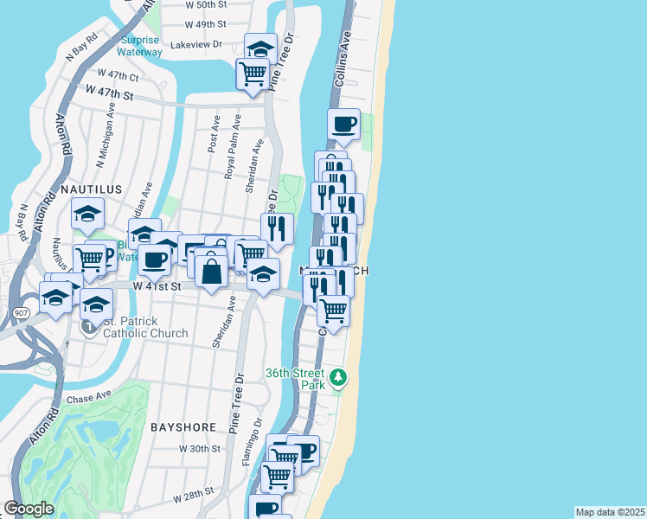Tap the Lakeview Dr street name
[197, 43]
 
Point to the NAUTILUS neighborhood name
[86, 188]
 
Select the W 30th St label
[200, 449]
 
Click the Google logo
[29, 509]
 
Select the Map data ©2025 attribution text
[610, 512]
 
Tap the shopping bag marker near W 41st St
[211, 272]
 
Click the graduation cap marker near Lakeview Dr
[259, 48]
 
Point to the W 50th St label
[206, 4]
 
